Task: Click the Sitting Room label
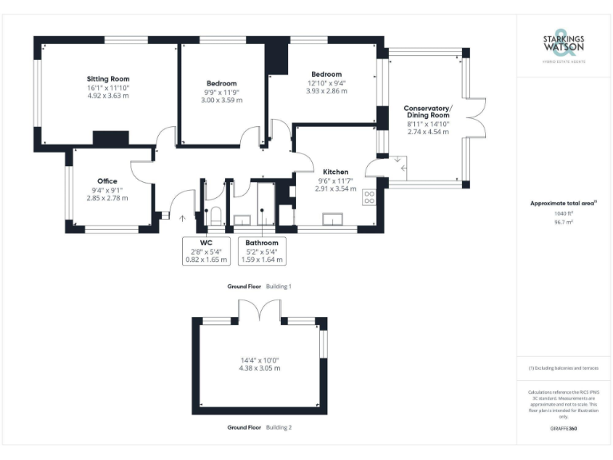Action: [x=108, y=79]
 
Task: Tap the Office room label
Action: [x=107, y=181]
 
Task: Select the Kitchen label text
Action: [x=335, y=172]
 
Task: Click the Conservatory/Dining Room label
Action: [x=427, y=112]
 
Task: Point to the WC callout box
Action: [x=206, y=250]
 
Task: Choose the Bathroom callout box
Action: [x=262, y=250]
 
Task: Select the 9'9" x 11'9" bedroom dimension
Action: [x=222, y=92]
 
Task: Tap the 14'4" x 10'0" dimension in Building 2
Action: [x=259, y=361]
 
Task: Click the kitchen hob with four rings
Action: [x=370, y=196]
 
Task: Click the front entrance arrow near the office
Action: [x=181, y=216]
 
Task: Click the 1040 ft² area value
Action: [x=563, y=214]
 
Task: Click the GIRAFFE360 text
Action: [x=563, y=429]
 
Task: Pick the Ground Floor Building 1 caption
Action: [x=259, y=285]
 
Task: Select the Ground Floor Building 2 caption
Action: [x=259, y=427]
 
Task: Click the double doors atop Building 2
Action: [x=259, y=310]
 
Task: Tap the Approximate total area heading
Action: [x=562, y=204]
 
